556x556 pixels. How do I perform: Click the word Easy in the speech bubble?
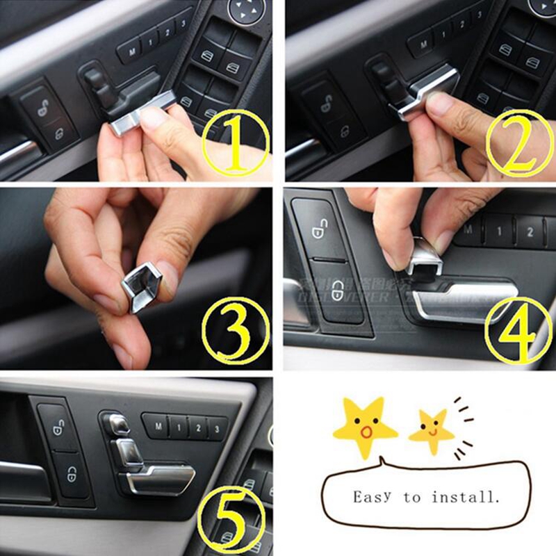pyautogui.click(x=374, y=498)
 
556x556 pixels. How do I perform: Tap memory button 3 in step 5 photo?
pyautogui.click(x=217, y=428)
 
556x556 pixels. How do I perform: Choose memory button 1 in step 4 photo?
pyautogui.click(x=499, y=230)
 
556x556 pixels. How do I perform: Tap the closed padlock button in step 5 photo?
pyautogui.click(x=72, y=475)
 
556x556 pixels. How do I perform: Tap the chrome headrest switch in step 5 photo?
pyautogui.click(x=116, y=423)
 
